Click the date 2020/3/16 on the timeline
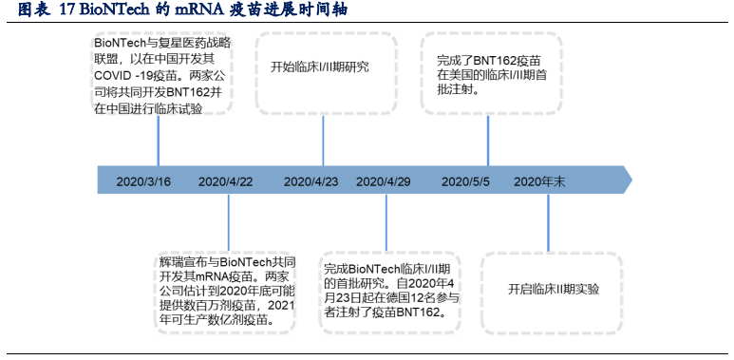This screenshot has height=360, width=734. (143, 180)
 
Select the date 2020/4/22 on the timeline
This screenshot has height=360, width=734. (226, 180)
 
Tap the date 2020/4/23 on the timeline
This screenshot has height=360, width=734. (311, 180)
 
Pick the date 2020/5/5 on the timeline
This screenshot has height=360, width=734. (466, 180)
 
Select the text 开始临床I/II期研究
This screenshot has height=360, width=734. (320, 66)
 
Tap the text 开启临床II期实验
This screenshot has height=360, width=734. (554, 289)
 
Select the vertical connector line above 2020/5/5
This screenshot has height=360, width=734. (488, 141)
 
